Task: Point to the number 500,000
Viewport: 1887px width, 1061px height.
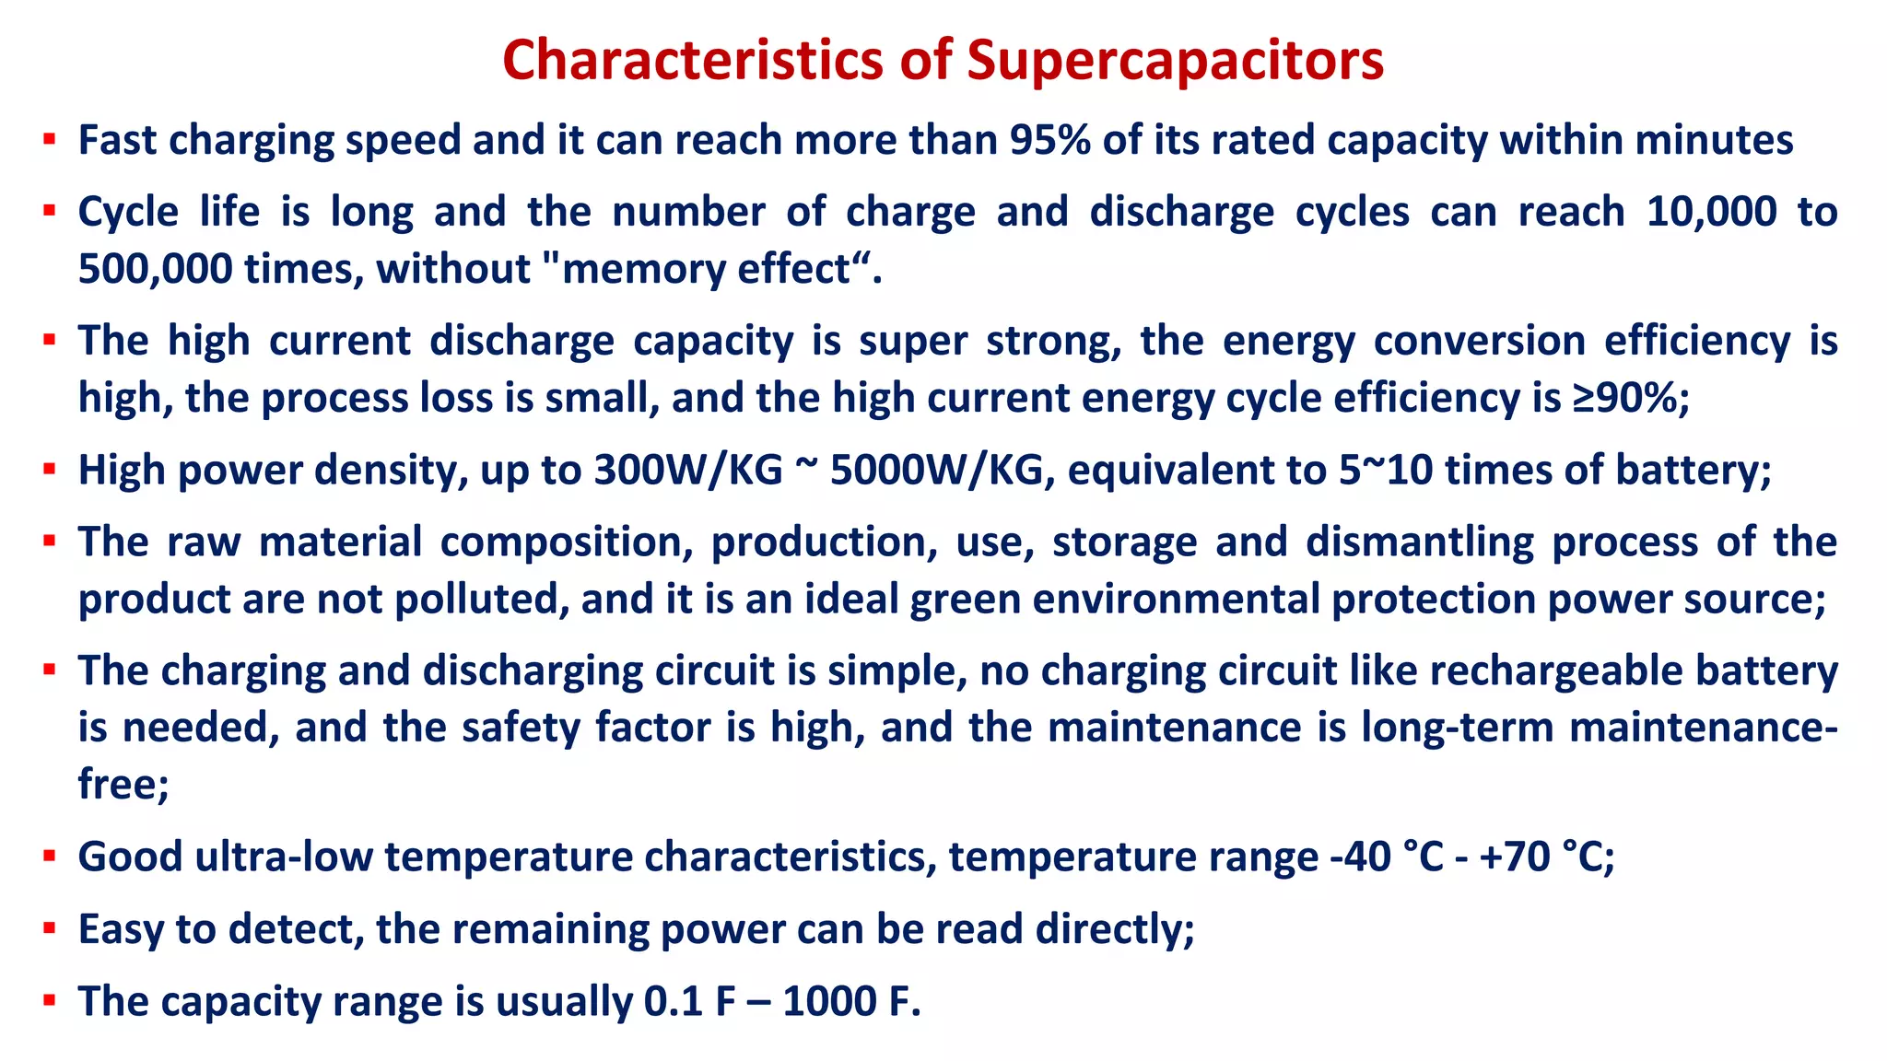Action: (155, 269)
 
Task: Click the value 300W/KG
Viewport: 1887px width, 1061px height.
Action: (688, 470)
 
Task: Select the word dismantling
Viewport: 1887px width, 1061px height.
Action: (1420, 542)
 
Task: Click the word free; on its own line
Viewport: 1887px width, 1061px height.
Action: (123, 785)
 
